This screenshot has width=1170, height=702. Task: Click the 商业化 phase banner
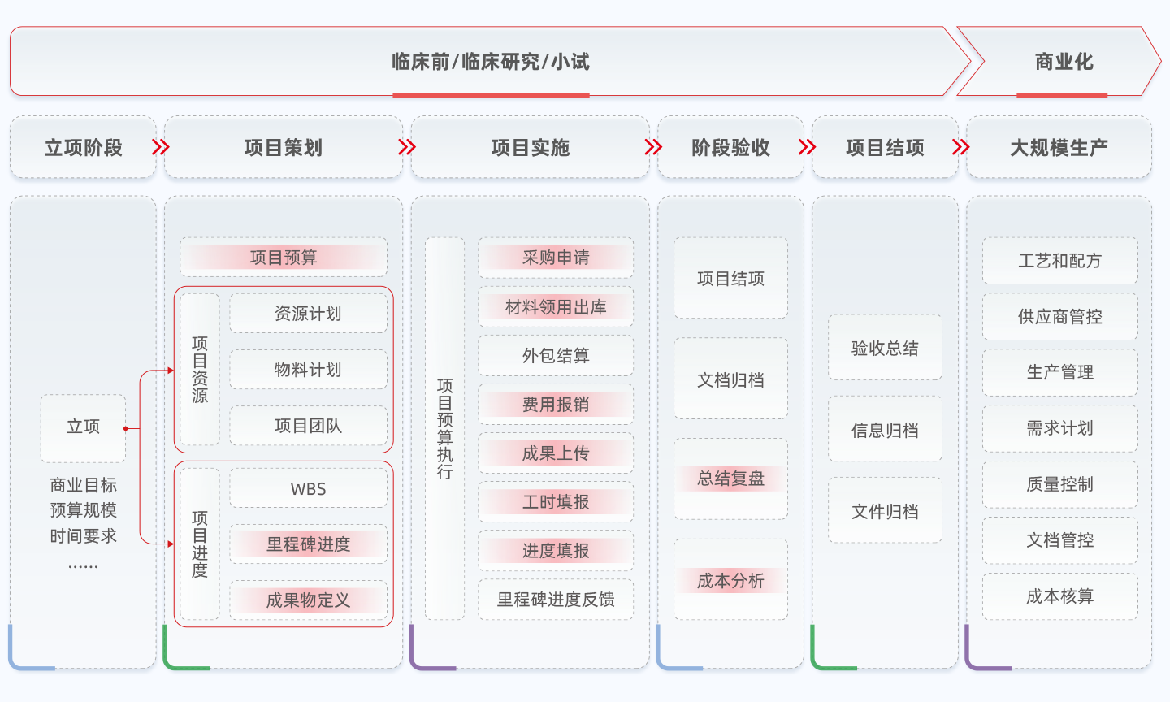pos(1063,62)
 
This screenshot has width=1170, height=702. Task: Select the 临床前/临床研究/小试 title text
pos(491,62)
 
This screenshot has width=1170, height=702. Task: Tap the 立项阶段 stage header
pos(83,148)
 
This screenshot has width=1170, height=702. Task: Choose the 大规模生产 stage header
pos(1059,148)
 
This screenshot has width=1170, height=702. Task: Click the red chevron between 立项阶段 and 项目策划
pos(161,147)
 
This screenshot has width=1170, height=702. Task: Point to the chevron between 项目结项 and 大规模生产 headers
pos(961,147)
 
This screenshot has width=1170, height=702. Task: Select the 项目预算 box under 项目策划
pos(284,258)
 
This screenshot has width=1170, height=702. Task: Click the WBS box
pos(308,489)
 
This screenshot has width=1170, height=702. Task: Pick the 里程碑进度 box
pos(308,544)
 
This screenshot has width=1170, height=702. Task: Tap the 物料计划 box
pos(308,370)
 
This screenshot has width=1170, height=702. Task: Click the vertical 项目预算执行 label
pos(444,428)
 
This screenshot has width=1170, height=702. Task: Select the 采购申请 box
pos(556,258)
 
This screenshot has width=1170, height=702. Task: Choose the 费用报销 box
pos(556,405)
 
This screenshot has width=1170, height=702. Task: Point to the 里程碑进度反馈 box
pos(556,600)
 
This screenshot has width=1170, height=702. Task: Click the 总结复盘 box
pos(730,479)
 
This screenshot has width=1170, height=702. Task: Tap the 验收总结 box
pos(885,349)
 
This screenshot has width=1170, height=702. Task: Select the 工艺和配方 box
pos(1059,261)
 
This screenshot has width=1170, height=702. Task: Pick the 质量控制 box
pos(1059,484)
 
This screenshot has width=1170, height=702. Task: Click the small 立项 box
pos(83,427)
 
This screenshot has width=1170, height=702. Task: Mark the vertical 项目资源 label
pos(200,370)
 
